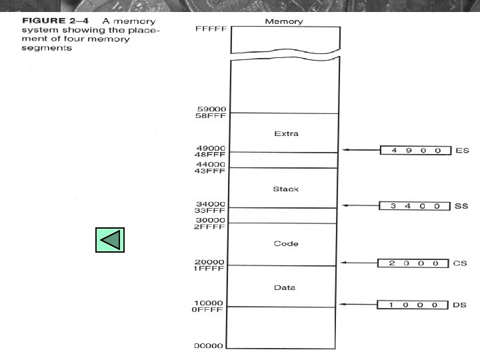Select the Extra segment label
point(286,134)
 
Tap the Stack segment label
point(285,189)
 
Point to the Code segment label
point(285,244)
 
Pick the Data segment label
point(285,288)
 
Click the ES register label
point(462,151)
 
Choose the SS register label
point(461,206)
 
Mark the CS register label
point(460,263)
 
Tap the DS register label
point(460,305)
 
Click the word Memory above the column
point(284,21)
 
